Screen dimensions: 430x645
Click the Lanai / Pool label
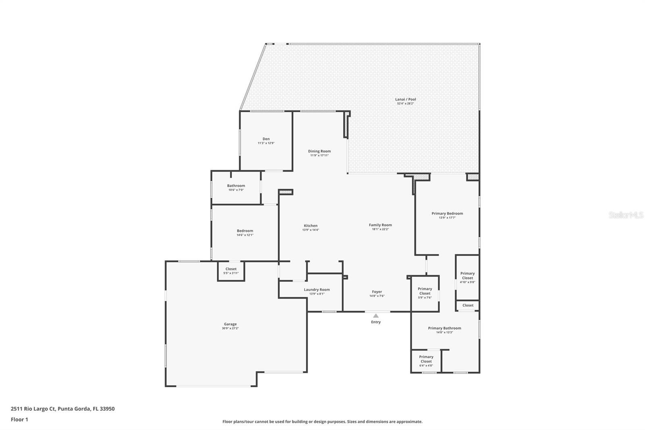[x=405, y=99]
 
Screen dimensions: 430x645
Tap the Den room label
[x=266, y=139]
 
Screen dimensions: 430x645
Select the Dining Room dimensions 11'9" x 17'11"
[x=319, y=155]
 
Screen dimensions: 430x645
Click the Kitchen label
[x=310, y=225]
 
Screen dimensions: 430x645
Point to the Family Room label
[x=380, y=225]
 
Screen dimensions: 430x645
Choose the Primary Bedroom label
[x=447, y=213]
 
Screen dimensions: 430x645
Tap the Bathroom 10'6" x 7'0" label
[x=236, y=188]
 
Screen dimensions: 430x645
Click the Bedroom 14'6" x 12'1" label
[x=245, y=233]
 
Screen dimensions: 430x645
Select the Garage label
[x=230, y=324]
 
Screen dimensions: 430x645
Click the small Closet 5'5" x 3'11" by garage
[x=231, y=271]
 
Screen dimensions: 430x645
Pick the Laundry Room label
[x=316, y=290]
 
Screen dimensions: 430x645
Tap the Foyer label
[x=377, y=292]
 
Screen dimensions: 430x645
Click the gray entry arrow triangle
[x=376, y=316]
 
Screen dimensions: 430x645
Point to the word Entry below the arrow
[x=376, y=322]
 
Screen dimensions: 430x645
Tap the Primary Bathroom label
[x=444, y=328]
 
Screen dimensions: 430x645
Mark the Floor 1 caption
[x=19, y=420]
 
